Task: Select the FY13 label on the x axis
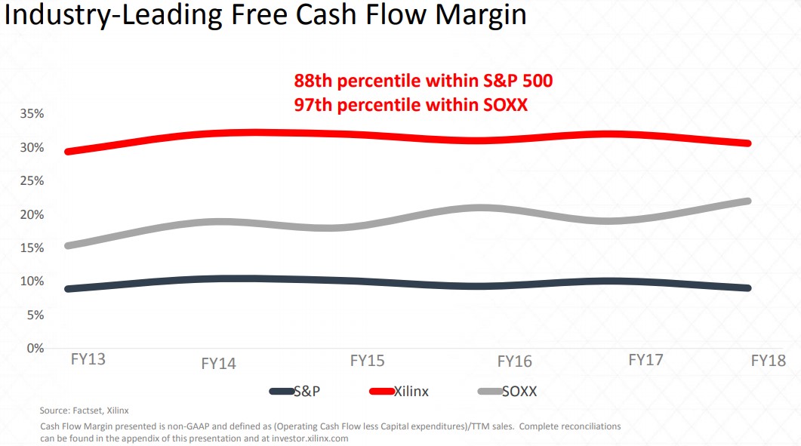(x=88, y=359)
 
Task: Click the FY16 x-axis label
(x=514, y=362)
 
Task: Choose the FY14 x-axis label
(x=218, y=364)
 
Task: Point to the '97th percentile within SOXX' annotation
(x=411, y=104)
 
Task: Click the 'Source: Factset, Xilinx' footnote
(x=85, y=411)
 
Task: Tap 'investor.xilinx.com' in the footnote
(x=311, y=438)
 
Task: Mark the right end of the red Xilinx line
(x=747, y=143)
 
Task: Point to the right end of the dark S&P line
(x=747, y=288)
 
